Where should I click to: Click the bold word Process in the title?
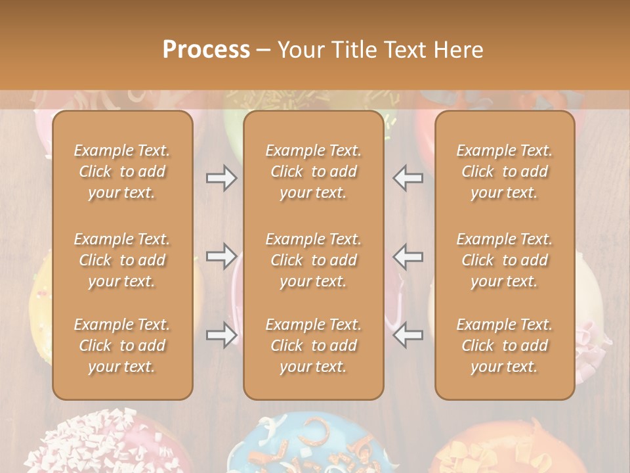206,49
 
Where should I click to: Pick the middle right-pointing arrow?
221,256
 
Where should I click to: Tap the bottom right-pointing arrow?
221,335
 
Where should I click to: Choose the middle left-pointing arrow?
408,256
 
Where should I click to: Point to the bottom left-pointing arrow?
408,335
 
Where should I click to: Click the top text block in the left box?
122,171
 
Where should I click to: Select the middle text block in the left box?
122,260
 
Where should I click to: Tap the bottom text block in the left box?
122,346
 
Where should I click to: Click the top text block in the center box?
313,171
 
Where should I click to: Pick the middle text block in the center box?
313,260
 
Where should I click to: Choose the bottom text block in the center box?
313,346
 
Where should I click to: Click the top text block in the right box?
504,171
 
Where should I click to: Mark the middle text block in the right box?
504,260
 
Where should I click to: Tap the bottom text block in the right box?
504,346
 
